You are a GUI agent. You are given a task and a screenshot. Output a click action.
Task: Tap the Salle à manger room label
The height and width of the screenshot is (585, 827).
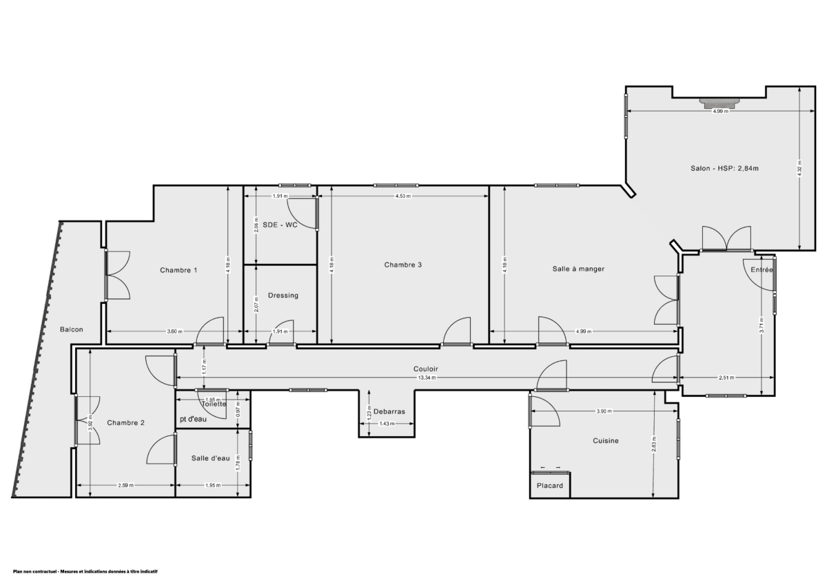click(x=578, y=269)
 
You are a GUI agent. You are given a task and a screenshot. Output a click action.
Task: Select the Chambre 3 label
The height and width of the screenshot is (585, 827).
click(x=403, y=265)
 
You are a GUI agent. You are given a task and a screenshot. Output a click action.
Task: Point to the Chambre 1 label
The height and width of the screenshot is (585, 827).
click(x=178, y=270)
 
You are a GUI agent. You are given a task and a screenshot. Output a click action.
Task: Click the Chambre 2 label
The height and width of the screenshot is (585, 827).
click(x=125, y=423)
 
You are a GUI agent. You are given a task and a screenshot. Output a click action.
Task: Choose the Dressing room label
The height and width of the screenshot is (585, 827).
click(x=283, y=296)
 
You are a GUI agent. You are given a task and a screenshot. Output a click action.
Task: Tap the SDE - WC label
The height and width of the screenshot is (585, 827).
click(x=280, y=225)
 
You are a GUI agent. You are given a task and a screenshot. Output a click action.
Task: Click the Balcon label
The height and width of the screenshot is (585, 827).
click(x=71, y=329)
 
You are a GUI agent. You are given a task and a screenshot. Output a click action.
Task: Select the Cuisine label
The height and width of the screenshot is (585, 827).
click(x=606, y=441)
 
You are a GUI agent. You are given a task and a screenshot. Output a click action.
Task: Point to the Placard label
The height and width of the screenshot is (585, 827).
click(x=550, y=486)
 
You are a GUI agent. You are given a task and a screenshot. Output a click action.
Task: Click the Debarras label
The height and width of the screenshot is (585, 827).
click(x=389, y=411)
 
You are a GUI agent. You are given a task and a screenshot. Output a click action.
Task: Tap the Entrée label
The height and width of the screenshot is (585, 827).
click(x=762, y=271)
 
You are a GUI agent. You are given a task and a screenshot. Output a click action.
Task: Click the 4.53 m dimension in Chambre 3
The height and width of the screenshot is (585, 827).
click(x=402, y=196)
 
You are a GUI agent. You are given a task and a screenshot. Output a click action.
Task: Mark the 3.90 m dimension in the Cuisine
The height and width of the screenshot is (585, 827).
click(x=606, y=412)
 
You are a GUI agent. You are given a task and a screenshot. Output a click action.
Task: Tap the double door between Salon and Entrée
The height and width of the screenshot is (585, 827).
click(x=726, y=238)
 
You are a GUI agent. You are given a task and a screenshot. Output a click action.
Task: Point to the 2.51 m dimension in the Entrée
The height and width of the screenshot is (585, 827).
click(x=726, y=378)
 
